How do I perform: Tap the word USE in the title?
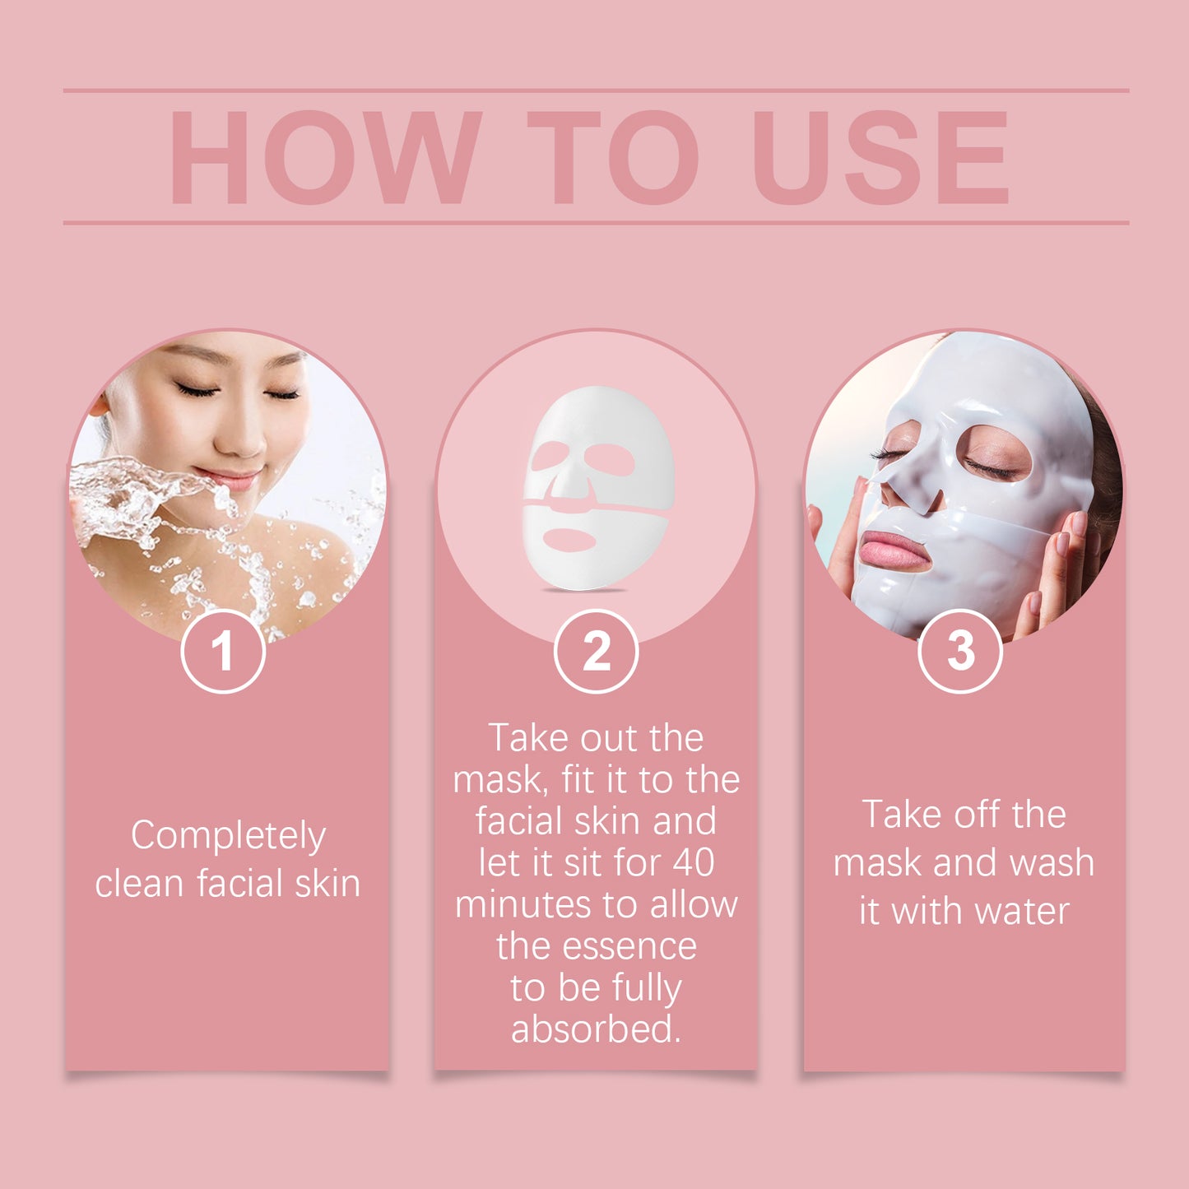880,157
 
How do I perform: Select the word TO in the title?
612,157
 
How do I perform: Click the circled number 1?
223,652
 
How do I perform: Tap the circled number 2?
596,652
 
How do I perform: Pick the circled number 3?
959,652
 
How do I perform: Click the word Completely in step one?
228,837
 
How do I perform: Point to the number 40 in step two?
693,862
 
